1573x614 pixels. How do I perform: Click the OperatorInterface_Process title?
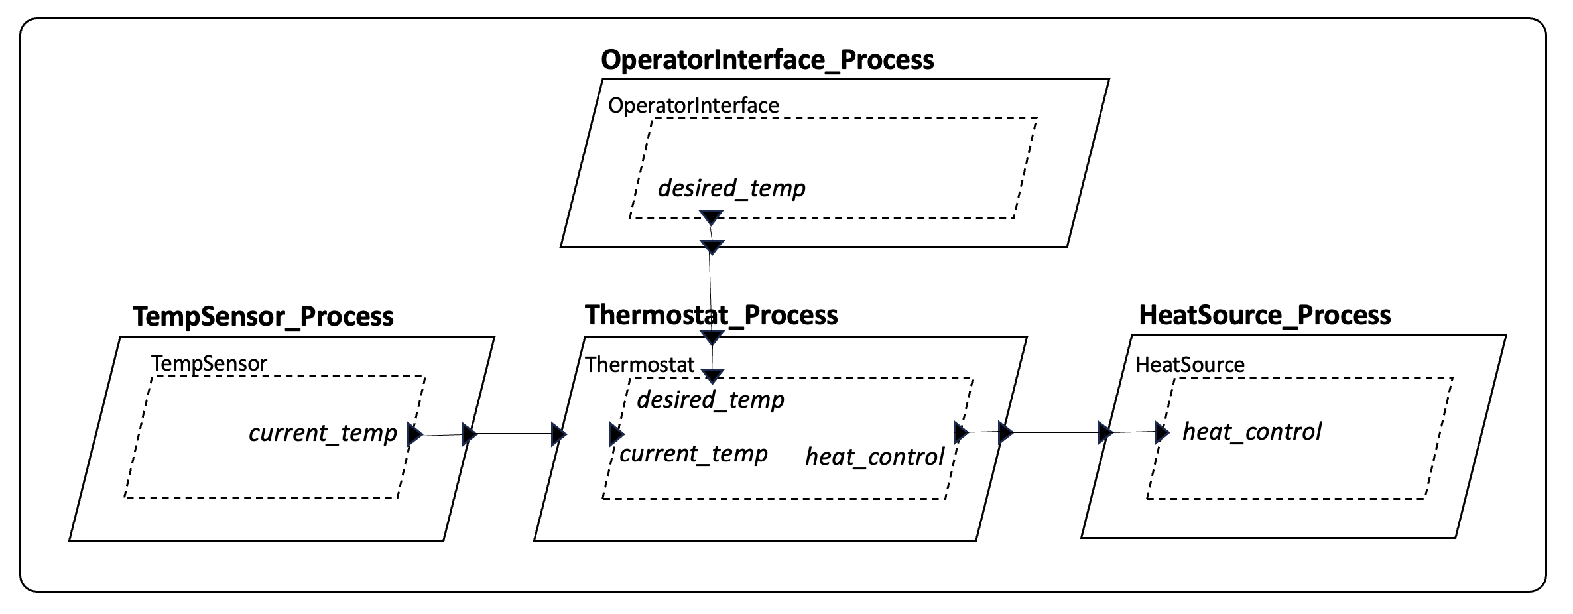767,60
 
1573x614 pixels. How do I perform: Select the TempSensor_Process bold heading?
263,316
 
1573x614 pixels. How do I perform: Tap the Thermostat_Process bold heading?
711,315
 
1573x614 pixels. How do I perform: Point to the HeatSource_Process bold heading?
1265,315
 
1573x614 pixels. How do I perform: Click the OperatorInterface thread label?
693,105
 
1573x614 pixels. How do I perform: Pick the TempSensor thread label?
209,363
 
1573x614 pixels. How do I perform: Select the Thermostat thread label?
639,365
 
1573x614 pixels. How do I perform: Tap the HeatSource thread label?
1190,365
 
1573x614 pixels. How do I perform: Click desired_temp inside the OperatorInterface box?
731,188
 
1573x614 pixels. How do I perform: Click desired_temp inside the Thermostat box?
710,400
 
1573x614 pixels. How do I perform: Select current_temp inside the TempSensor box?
322,433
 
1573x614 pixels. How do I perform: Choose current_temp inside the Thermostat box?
693,454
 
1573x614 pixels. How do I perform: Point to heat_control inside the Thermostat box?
874,456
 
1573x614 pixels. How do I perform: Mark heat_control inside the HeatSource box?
1251,432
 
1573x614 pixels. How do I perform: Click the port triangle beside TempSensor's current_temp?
414,435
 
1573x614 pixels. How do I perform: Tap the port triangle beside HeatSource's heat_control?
1162,432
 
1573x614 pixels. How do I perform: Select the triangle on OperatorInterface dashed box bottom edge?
711,217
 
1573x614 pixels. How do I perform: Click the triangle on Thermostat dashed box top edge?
712,377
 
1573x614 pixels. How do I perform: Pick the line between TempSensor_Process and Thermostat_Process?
514,434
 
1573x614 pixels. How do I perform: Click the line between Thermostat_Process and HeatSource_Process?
1054,432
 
